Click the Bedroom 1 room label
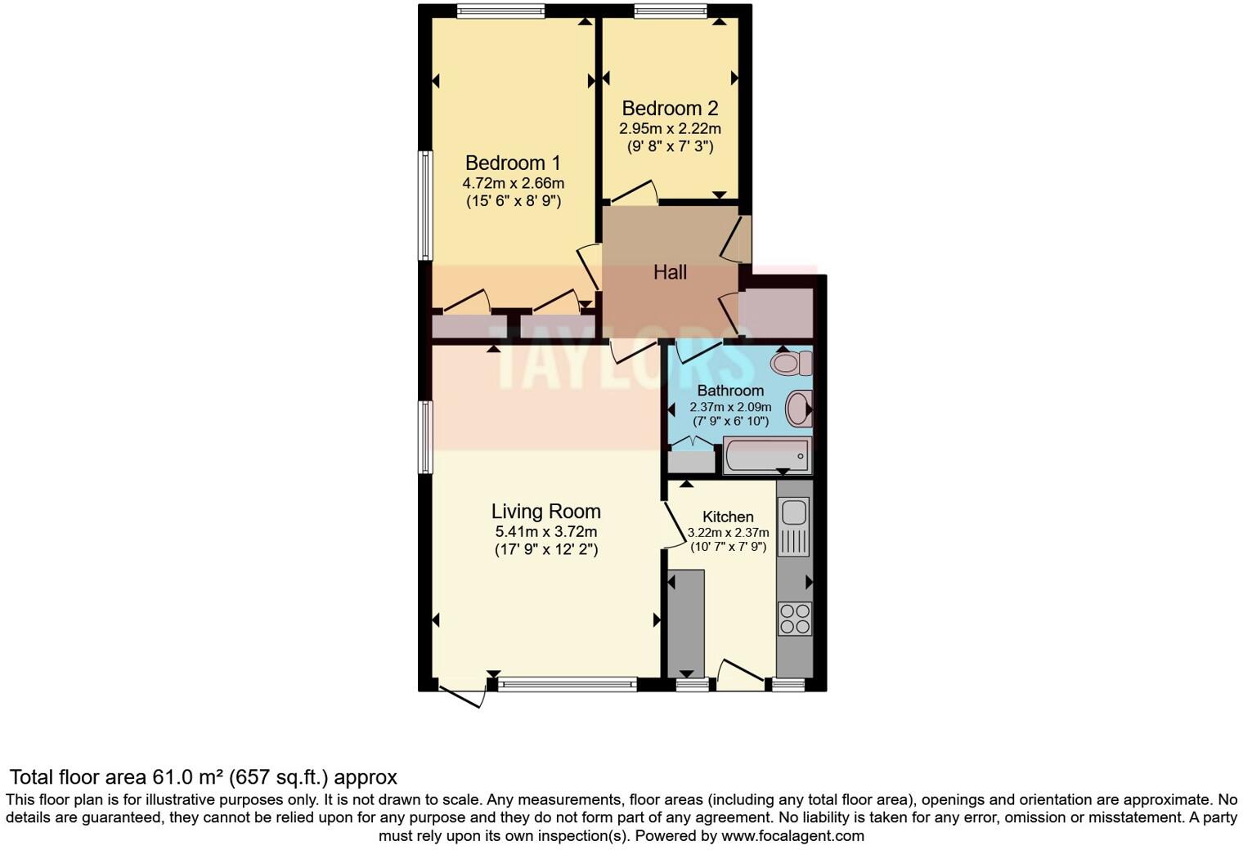click(x=513, y=163)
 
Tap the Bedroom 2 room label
click(x=670, y=108)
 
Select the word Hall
click(x=670, y=272)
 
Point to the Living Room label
click(x=545, y=512)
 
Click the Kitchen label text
click(x=728, y=517)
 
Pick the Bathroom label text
click(x=730, y=391)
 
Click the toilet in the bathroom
click(x=791, y=362)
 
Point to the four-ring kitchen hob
click(x=794, y=618)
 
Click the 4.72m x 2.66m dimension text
click(x=513, y=183)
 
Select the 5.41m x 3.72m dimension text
click(x=545, y=531)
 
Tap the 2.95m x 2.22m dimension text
click(x=670, y=128)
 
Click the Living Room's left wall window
click(x=425, y=436)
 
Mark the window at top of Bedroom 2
click(x=670, y=11)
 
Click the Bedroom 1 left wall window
click(x=425, y=205)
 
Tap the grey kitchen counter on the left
click(x=685, y=621)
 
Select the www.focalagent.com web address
click(x=792, y=836)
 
